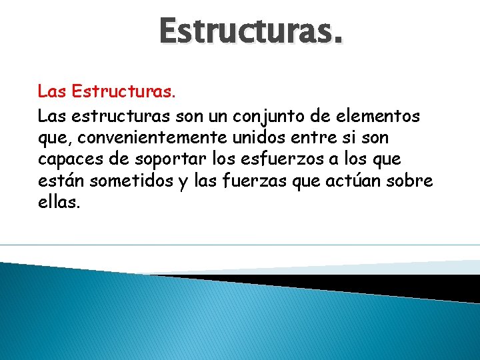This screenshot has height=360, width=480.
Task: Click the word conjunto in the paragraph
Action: tap(265, 117)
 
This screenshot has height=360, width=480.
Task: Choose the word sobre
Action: tap(411, 182)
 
